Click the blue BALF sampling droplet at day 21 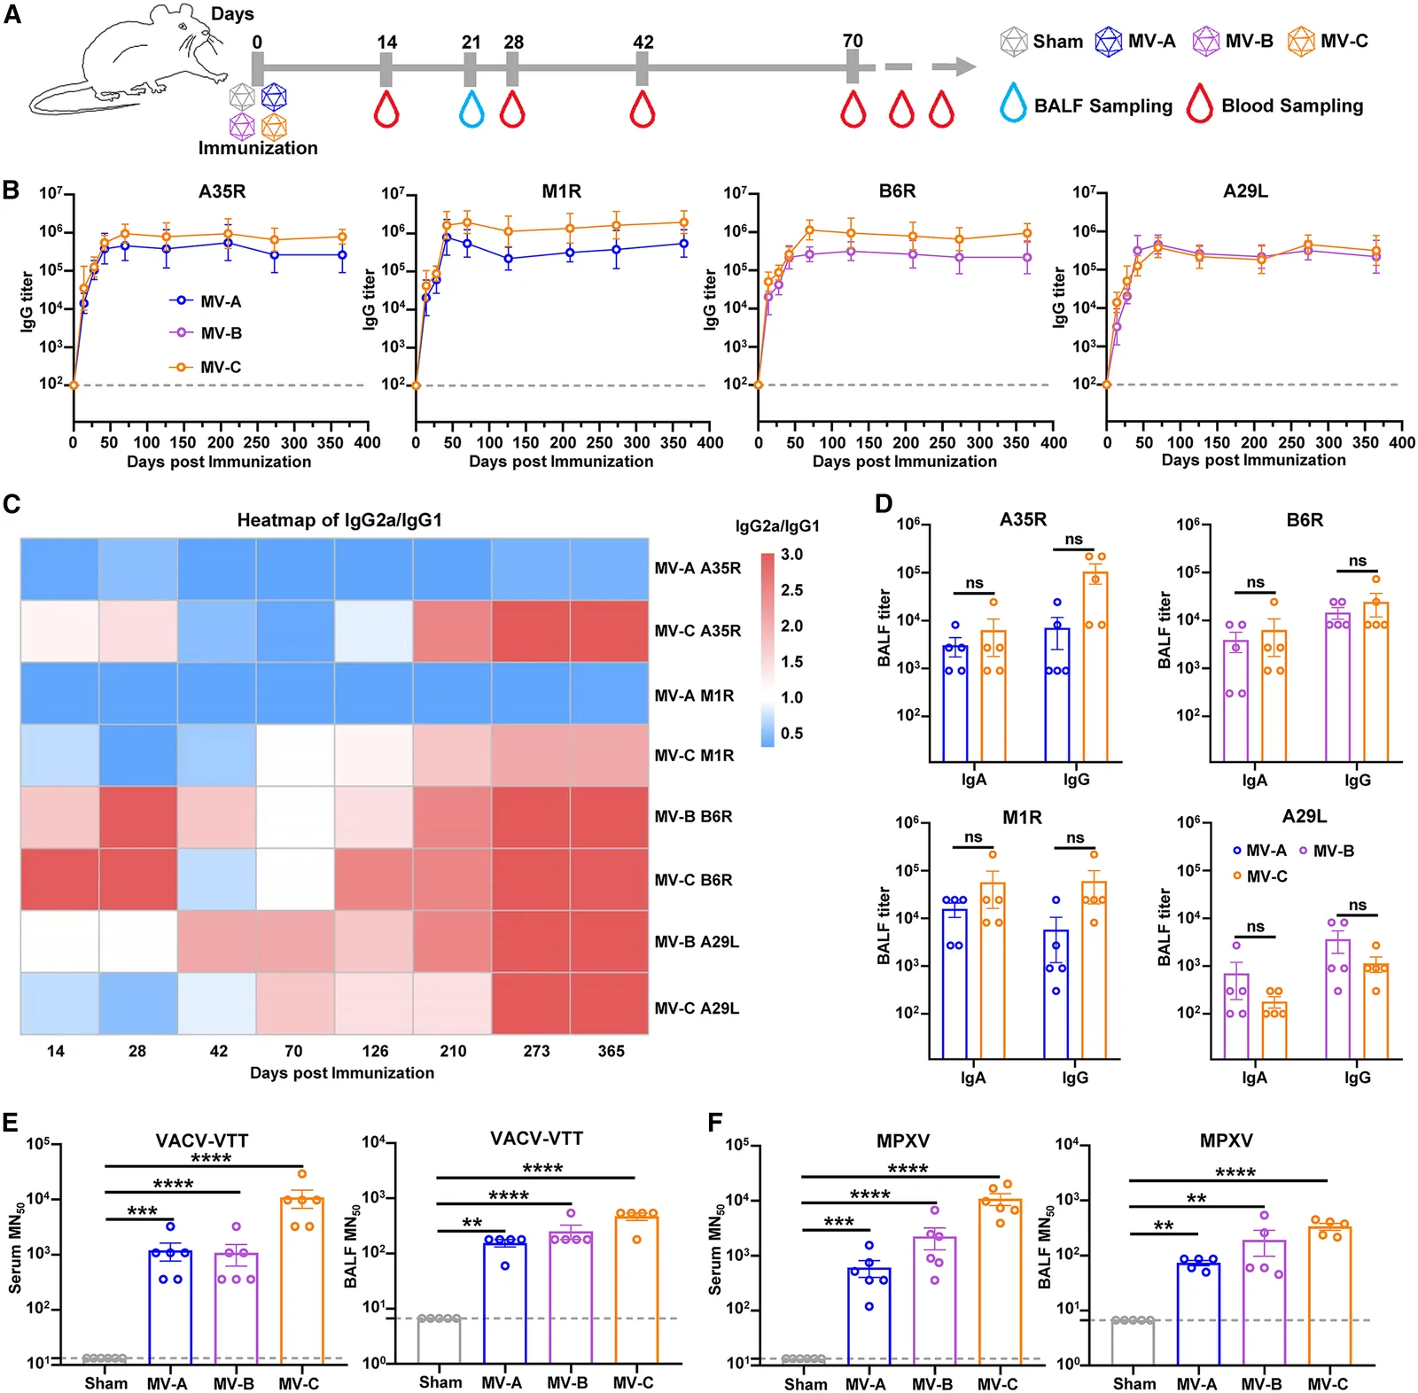click(471, 108)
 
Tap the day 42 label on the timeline click(643, 43)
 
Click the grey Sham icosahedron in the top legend click(1013, 42)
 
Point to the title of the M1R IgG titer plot click(562, 191)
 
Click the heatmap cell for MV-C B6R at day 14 click(59, 879)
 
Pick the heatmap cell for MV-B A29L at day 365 click(610, 941)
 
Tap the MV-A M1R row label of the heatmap click(694, 696)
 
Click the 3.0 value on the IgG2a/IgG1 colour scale click(791, 555)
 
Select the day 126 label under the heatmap click(375, 1051)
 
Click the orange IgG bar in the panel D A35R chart click(1095, 666)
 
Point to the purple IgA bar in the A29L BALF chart click(1235, 1016)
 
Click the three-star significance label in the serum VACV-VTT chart click(142, 1210)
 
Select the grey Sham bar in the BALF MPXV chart click(1134, 1342)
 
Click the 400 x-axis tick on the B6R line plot click(1053, 442)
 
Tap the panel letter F click(716, 1123)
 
